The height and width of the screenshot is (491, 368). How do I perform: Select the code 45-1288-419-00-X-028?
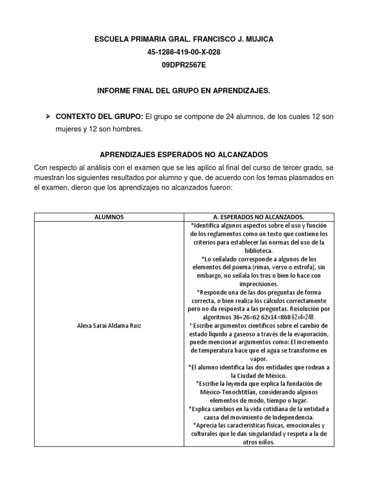(x=184, y=52)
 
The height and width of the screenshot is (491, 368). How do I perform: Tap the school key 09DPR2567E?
(x=184, y=65)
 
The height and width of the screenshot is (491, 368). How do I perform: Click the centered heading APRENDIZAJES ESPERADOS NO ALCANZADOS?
(x=184, y=155)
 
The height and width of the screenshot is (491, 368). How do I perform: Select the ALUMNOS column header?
(x=109, y=217)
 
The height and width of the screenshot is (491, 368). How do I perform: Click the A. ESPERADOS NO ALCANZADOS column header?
(x=259, y=217)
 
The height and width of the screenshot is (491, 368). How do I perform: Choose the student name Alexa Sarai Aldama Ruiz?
(x=109, y=326)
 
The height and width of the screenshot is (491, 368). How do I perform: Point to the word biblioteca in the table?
(x=259, y=250)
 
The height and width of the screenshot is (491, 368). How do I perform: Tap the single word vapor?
(x=259, y=359)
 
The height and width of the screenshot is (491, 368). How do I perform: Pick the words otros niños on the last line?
(x=259, y=442)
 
